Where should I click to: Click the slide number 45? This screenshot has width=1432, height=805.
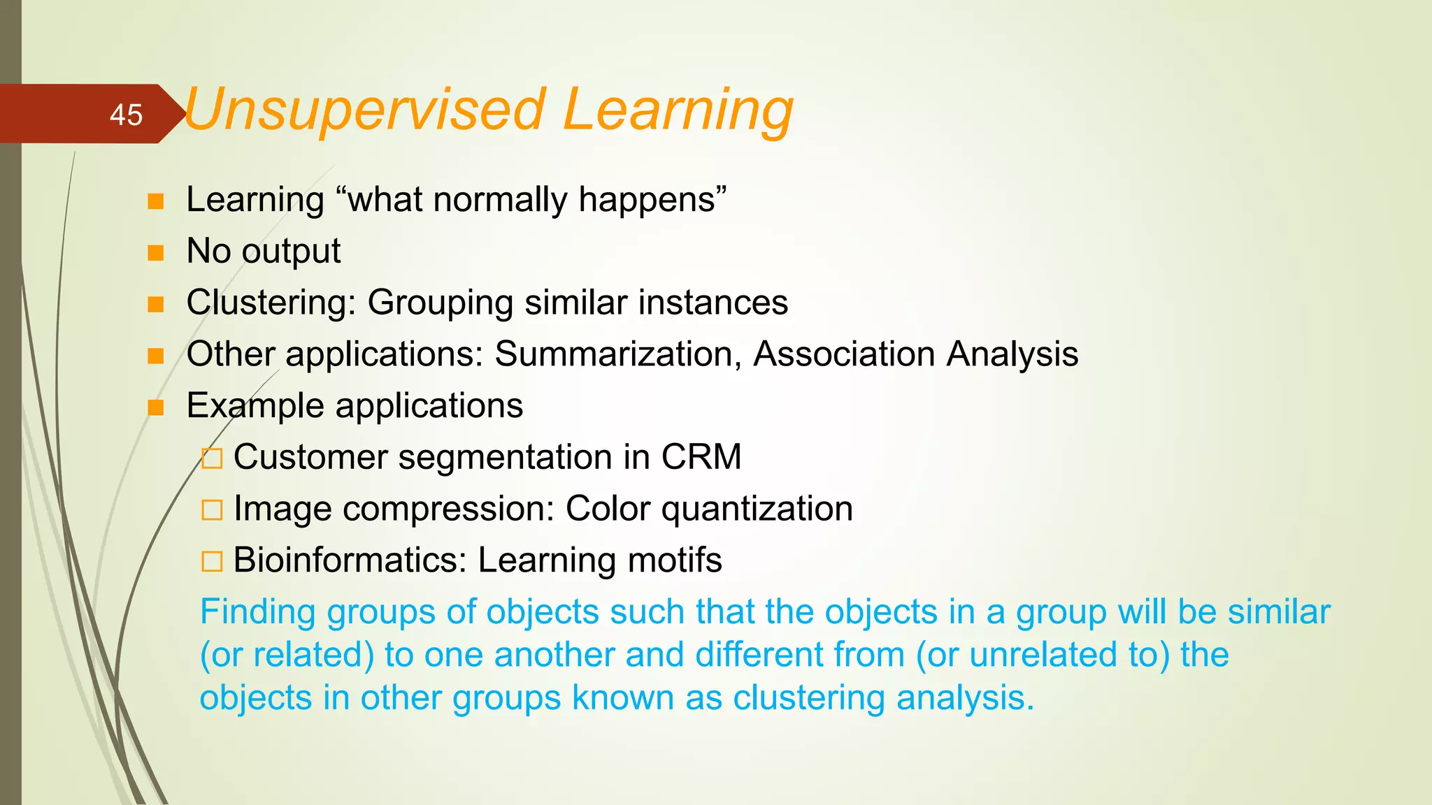tap(126, 115)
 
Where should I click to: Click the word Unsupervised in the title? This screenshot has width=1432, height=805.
tap(364, 110)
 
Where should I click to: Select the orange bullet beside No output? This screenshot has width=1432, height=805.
tap(156, 252)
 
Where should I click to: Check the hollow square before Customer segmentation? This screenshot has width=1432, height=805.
tap(212, 459)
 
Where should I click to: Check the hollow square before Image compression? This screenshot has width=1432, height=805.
tap(212, 510)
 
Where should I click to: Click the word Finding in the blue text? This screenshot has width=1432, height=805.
tap(258, 612)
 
